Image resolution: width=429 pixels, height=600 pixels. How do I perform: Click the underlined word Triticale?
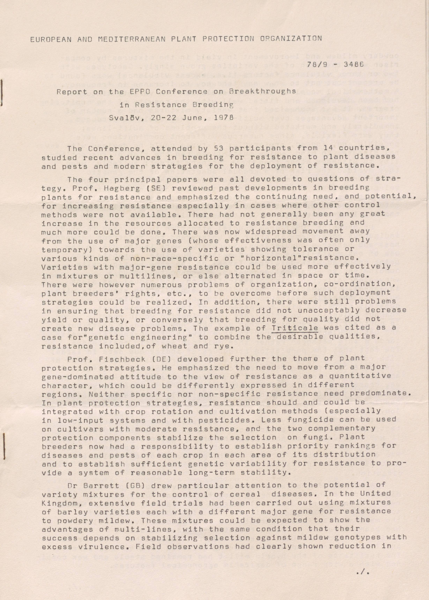[x=295, y=328]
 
